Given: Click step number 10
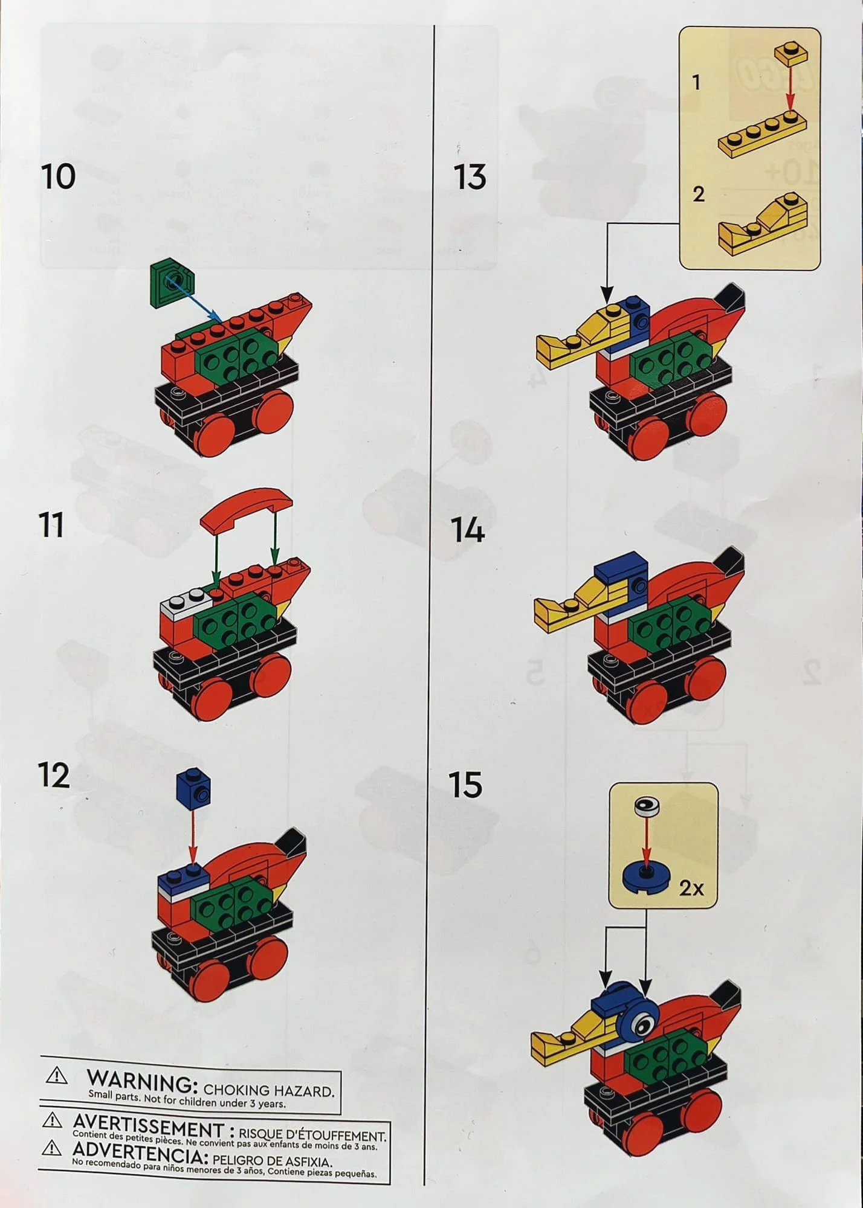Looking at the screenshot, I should click(59, 176).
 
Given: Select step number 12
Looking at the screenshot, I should click(54, 776).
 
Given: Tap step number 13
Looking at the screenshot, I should click(470, 177).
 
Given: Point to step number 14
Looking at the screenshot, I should click(468, 530).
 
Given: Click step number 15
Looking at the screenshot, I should click(466, 785).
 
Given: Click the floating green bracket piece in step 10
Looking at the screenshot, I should click(172, 282).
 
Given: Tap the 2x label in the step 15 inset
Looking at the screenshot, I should click(691, 888).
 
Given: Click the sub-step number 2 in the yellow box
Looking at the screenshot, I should click(699, 194).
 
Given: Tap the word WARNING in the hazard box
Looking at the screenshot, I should click(142, 1082).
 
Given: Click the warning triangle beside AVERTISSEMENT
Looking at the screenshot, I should click(53, 1122).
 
